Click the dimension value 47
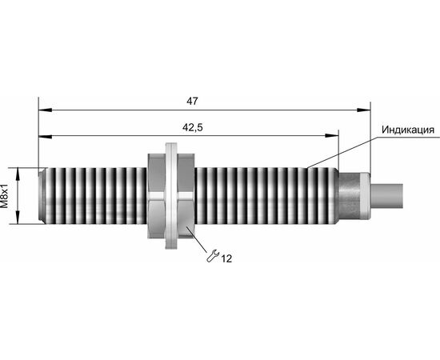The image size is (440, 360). [192, 101]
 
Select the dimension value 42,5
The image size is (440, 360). [193, 128]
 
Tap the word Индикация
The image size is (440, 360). [408, 130]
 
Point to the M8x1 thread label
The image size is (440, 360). [5, 196]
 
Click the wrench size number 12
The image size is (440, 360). [226, 258]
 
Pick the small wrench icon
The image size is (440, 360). [213, 256]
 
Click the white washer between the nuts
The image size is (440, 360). [171, 196]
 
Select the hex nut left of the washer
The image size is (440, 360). [156, 196]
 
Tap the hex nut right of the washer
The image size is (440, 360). [186, 196]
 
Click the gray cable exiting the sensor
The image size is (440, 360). [387, 196]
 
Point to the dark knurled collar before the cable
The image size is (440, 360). [350, 196]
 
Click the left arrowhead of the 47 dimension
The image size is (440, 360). [45, 110]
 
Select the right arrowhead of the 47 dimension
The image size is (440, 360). [364, 110]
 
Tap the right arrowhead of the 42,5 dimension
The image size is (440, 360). [332, 136]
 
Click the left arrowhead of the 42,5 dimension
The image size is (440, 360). [45, 136]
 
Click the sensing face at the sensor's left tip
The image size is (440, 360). [42, 196]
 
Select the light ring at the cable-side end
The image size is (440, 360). [366, 196]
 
